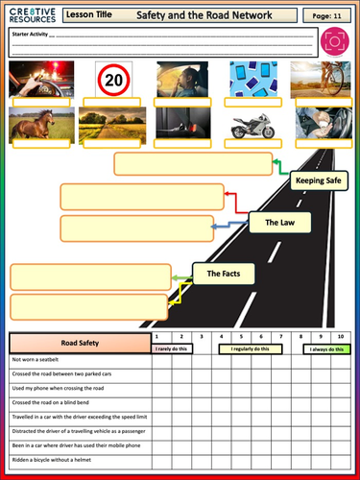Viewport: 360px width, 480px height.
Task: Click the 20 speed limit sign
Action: pos(114,79)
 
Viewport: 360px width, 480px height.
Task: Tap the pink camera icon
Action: pos(334,43)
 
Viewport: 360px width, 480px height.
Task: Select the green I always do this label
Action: pos(324,349)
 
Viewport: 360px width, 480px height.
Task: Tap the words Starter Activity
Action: pos(30,34)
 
